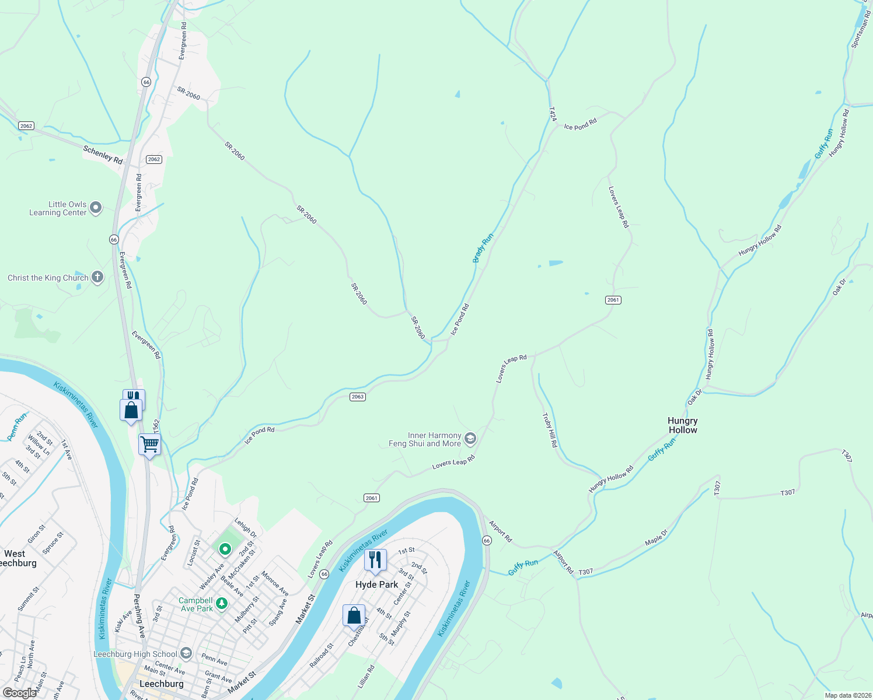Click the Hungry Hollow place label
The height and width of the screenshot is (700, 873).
tap(682, 425)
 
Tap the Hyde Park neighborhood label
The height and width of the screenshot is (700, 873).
tap(376, 584)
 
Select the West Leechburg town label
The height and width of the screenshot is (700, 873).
tap(16, 558)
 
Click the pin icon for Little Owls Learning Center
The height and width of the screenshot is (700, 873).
tap(96, 208)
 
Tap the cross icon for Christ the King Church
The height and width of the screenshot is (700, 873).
tap(97, 278)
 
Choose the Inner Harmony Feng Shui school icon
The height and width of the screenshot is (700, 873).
tap(470, 438)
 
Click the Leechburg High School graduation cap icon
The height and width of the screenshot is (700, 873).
tap(186, 653)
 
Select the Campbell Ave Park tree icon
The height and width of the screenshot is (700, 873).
tap(222, 604)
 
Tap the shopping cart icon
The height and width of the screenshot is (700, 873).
tap(149, 444)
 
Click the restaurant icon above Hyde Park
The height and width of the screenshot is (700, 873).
tap(375, 560)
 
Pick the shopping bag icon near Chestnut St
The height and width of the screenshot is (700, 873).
tap(354, 615)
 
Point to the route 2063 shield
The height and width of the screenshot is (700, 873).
tap(358, 397)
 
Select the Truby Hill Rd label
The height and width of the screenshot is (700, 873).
tap(550, 430)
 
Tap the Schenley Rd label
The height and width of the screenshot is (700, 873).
tap(103, 155)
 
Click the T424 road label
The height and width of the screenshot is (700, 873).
tap(552, 114)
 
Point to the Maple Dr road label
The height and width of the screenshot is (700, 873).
tap(657, 538)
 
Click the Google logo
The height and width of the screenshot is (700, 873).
tap(19, 693)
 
